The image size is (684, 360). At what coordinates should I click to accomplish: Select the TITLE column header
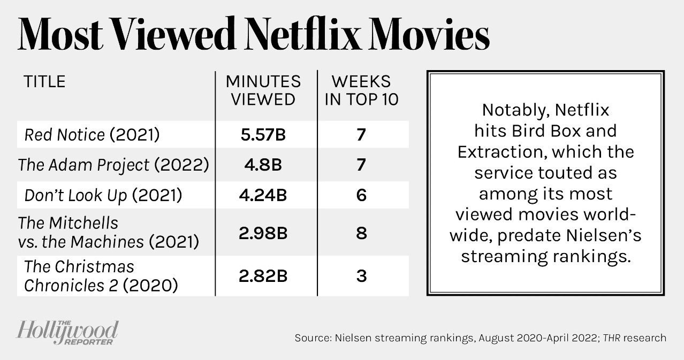tap(44, 82)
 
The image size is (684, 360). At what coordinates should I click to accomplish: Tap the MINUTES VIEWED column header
tap(263, 90)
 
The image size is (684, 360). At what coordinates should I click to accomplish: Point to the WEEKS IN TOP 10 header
tap(362, 90)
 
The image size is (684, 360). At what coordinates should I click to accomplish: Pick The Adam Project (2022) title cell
tap(113, 165)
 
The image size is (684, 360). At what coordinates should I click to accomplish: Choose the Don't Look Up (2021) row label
tap(103, 195)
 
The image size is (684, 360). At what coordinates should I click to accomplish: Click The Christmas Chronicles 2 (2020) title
tap(101, 276)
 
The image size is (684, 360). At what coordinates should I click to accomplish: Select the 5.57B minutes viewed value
tap(263, 135)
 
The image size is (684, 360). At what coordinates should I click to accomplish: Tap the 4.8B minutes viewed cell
tap(263, 165)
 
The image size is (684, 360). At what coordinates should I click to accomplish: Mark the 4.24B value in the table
tap(263, 195)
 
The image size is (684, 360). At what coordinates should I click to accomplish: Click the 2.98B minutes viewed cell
tap(263, 233)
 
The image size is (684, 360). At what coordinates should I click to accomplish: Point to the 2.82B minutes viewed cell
tap(263, 276)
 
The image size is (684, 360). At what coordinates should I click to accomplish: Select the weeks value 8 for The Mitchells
tap(362, 233)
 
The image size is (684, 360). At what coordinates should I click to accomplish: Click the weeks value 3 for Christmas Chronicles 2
tap(362, 276)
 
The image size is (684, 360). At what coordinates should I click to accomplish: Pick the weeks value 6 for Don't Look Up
tap(362, 195)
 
